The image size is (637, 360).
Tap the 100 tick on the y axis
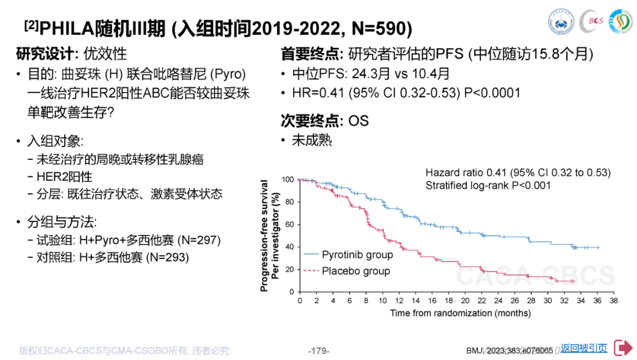(x=287, y=179)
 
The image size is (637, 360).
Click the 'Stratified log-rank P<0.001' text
(x=488, y=185)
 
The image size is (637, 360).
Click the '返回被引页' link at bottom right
(x=584, y=348)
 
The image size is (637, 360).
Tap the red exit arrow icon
(x=623, y=348)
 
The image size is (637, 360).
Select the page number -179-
(x=319, y=351)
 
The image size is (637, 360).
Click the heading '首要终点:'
(x=312, y=54)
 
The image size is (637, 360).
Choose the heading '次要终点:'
(x=312, y=120)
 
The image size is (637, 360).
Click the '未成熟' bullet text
(x=312, y=140)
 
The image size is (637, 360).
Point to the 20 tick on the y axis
(x=290, y=270)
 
